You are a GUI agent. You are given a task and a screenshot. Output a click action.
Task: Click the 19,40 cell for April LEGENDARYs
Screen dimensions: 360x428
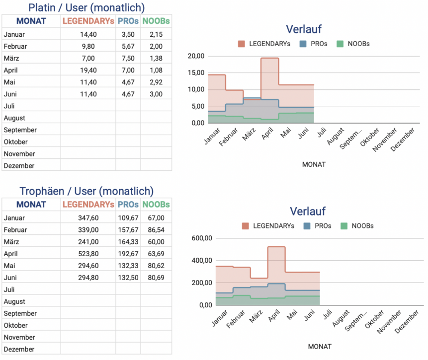pyautogui.click(x=88, y=70)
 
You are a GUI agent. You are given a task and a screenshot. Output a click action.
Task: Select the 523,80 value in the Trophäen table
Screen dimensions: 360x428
pyautogui.click(x=88, y=254)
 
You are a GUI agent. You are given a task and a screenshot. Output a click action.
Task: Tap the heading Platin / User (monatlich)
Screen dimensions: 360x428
pyautogui.click(x=86, y=7)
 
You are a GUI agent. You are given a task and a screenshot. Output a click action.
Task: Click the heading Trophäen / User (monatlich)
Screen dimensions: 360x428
pyautogui.click(x=86, y=191)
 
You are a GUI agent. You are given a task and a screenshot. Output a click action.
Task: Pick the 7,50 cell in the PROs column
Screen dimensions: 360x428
pyautogui.click(x=128, y=58)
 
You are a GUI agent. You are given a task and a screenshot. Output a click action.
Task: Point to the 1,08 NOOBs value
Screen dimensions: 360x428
pyautogui.click(x=156, y=70)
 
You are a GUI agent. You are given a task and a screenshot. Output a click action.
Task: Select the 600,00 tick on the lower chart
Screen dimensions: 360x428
pyautogui.click(x=202, y=238)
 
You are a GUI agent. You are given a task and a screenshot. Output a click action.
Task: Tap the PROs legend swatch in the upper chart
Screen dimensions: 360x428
pyautogui.click(x=302, y=44)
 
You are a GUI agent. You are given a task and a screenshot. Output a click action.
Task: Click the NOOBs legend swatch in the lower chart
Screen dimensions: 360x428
pyautogui.click(x=344, y=226)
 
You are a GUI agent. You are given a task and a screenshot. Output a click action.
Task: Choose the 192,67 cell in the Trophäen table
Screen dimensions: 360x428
pyautogui.click(x=128, y=254)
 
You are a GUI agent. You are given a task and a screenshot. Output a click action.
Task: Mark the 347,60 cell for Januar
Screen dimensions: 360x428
pyautogui.click(x=88, y=217)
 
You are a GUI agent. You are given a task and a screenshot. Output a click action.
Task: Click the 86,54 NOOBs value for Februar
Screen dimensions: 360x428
pyautogui.click(x=156, y=230)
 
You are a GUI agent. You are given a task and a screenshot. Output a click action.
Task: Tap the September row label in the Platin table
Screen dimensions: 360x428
pyautogui.click(x=20, y=130)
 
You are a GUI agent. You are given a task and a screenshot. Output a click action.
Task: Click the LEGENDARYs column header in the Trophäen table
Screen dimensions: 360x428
pyautogui.click(x=88, y=205)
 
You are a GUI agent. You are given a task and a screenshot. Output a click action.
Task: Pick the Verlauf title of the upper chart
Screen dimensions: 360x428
pyautogui.click(x=304, y=29)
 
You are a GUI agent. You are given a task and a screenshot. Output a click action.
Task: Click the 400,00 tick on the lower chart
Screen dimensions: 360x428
pyautogui.click(x=202, y=261)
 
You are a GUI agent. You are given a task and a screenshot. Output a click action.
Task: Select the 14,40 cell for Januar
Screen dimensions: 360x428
pyautogui.click(x=88, y=34)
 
